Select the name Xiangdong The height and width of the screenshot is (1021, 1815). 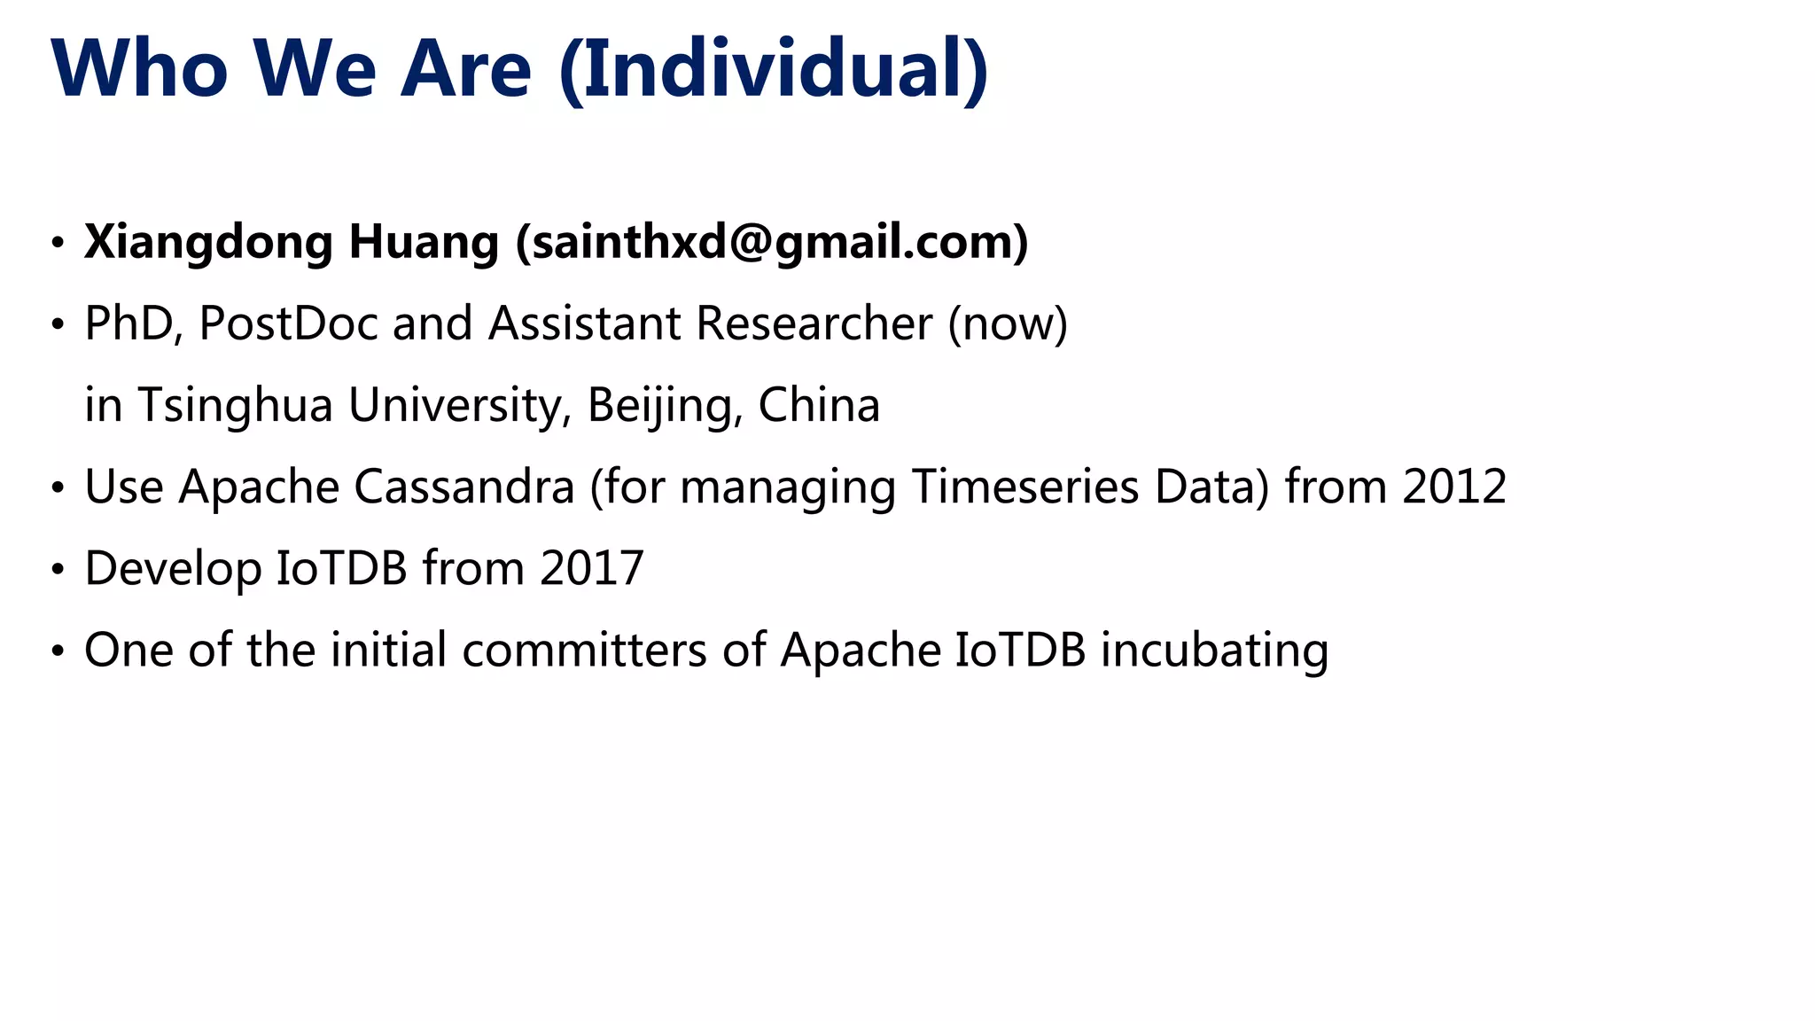pyautogui.click(x=208, y=242)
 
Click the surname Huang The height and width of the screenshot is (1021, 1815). pyautogui.click(x=424, y=242)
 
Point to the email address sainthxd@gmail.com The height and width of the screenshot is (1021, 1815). pyautogui.click(x=772, y=242)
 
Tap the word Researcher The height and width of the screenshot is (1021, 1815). pyautogui.click(x=814, y=323)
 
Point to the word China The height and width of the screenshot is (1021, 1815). pyautogui.click(x=819, y=405)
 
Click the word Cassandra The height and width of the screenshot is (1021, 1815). pyautogui.click(x=464, y=487)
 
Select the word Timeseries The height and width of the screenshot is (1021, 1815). pyautogui.click(x=1024, y=487)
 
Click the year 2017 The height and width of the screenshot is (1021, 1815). pyautogui.click(x=591, y=568)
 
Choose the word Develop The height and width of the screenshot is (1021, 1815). pyautogui.click(x=173, y=568)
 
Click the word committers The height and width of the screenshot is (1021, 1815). pyautogui.click(x=584, y=650)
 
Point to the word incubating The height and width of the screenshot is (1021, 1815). pyautogui.click(x=1214, y=651)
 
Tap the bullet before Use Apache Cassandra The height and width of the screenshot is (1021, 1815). pyautogui.click(x=58, y=487)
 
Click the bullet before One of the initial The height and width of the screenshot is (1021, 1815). pyautogui.click(x=58, y=651)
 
